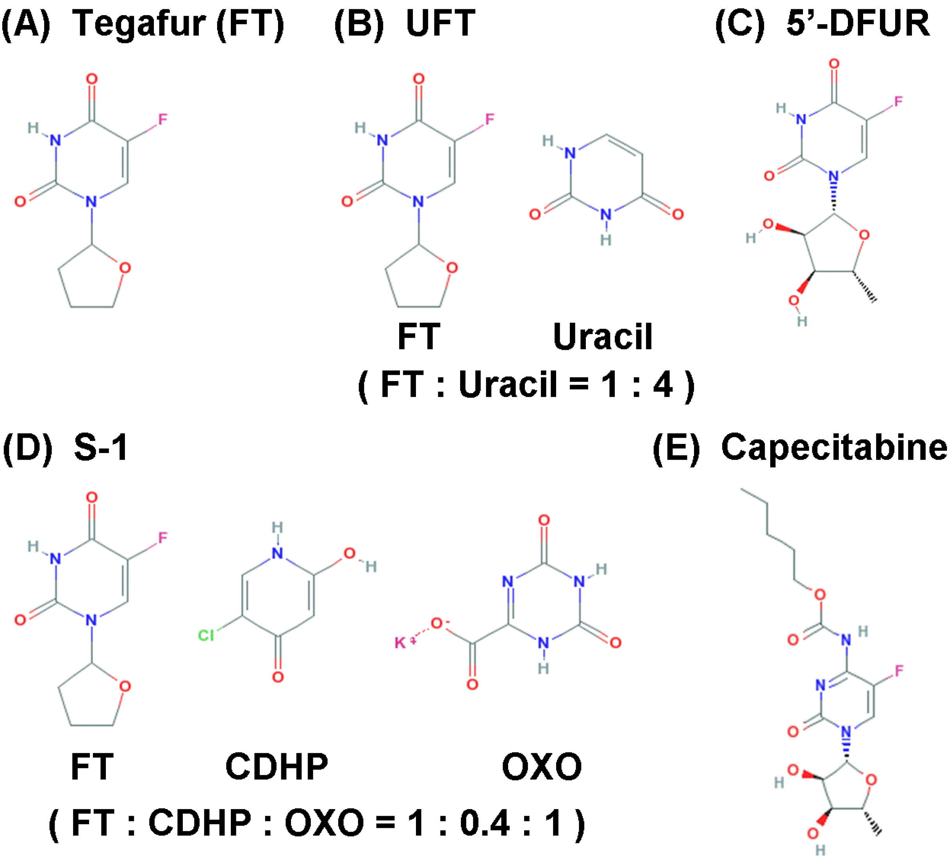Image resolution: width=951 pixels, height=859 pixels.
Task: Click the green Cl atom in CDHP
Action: pyautogui.click(x=206, y=635)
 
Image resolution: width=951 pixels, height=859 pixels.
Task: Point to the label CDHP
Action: pyautogui.click(x=277, y=766)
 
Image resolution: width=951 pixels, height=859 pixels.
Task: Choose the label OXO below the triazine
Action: pyautogui.click(x=542, y=766)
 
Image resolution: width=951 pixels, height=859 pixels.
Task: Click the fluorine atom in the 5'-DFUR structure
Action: pyautogui.click(x=898, y=102)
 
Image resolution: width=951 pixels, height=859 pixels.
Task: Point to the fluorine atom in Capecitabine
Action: pyautogui.click(x=899, y=670)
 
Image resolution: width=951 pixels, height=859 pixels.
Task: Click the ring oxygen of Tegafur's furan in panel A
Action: pyautogui.click(x=125, y=268)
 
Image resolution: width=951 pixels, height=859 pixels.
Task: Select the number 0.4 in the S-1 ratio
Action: pyautogui.click(x=485, y=823)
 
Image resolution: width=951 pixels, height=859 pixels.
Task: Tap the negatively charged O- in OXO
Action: pyautogui.click(x=437, y=623)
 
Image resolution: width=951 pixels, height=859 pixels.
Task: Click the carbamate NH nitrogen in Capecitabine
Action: pyautogui.click(x=846, y=640)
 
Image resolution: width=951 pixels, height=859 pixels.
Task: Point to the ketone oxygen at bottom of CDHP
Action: pyautogui.click(x=278, y=677)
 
